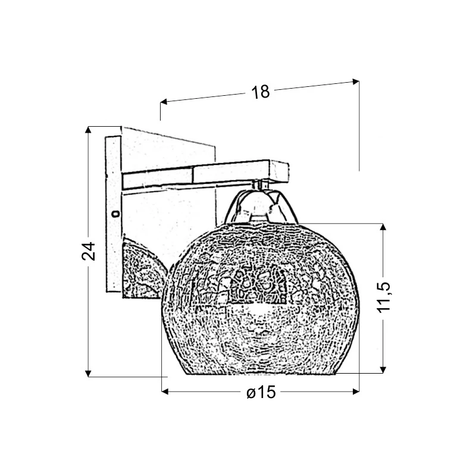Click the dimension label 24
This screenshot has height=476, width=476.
pos(89,251)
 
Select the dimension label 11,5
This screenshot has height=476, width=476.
pos(383,296)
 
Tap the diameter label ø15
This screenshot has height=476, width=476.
pos(261,392)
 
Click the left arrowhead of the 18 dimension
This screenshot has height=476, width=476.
pos(164,102)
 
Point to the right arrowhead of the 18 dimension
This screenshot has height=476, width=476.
pos(355,81)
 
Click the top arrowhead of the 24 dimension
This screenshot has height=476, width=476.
pos(88,130)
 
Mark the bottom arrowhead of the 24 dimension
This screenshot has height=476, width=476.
pos(88,374)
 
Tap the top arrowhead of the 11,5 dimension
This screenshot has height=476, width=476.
pos(383,228)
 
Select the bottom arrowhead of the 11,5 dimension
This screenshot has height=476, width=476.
pos(383,369)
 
